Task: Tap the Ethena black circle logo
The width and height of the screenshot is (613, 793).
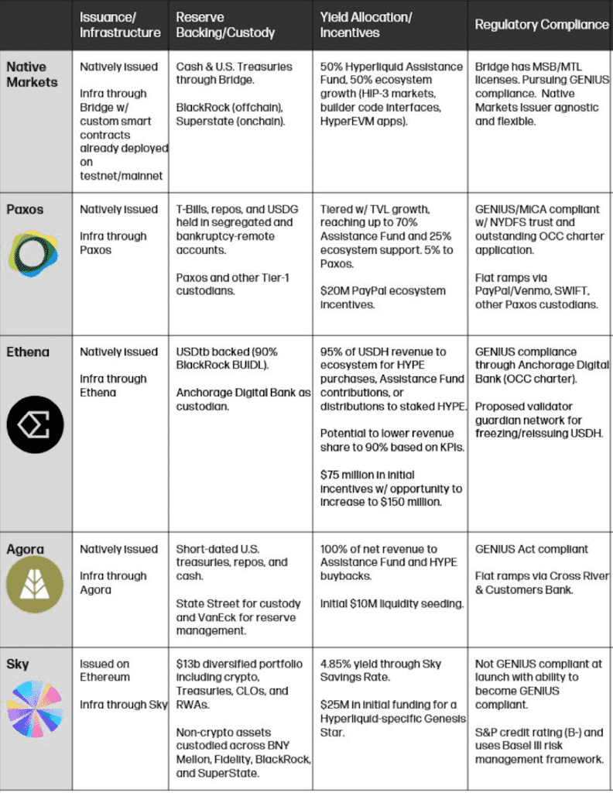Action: click(x=35, y=424)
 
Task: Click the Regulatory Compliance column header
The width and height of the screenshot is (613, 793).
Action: click(x=542, y=24)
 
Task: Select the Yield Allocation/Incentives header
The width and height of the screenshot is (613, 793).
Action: click(x=366, y=24)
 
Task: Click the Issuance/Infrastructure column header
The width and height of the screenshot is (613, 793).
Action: click(x=120, y=24)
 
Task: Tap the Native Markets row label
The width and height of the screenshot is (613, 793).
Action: click(x=26, y=74)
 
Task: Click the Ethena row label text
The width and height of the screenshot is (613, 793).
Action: click(x=28, y=352)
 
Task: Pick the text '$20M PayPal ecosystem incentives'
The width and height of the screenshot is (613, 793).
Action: click(x=383, y=298)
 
